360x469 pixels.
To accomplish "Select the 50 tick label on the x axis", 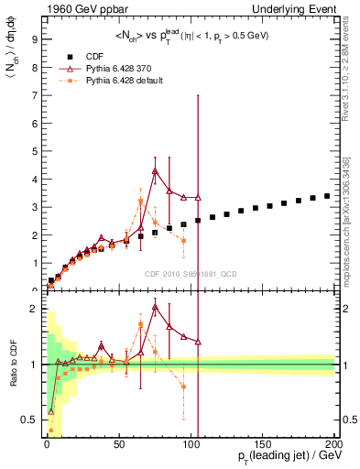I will click(x=119, y=444).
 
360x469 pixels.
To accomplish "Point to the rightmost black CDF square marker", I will click(x=327, y=196).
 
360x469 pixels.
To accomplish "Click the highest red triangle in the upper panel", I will click(x=155, y=170).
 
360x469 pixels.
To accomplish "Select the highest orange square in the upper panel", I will click(x=140, y=202).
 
